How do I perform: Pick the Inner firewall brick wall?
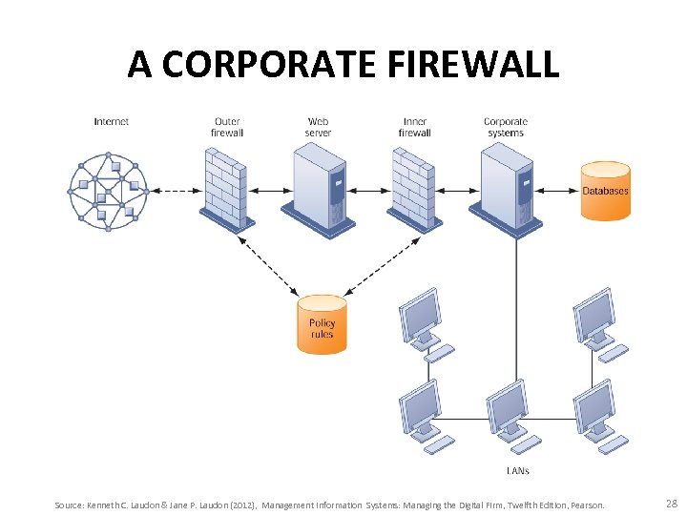point(415,192)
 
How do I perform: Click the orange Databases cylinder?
point(606,191)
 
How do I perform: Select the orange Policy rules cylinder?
point(322,324)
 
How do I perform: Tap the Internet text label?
point(112,122)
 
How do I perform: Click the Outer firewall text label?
point(227,127)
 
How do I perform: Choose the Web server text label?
point(319,127)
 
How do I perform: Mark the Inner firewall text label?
point(415,127)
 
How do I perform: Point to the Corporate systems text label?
point(506,127)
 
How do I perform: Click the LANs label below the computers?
point(517,470)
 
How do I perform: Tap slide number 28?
point(671,503)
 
